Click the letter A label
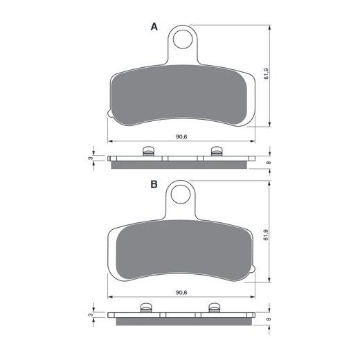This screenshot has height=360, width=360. pos(154,27)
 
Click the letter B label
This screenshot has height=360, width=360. pos(154,184)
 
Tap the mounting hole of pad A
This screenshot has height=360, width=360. pos(183,39)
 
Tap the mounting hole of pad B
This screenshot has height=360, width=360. pos(181,195)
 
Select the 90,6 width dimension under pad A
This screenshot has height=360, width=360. pos(181,136)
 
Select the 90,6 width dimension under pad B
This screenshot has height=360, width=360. pos(181,293)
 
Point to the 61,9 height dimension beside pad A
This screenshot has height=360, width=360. pos(266,74)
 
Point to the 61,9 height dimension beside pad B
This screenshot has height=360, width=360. pos(266,235)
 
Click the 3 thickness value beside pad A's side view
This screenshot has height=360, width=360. pos(91,159)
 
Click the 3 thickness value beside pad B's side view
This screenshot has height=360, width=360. pos(91,314)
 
